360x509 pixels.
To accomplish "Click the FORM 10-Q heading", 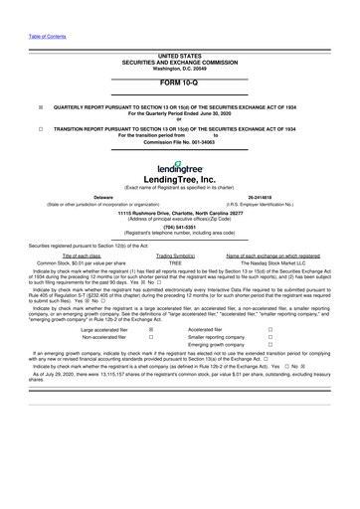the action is [x=179, y=84].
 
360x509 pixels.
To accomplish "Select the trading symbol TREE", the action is [x=175, y=262].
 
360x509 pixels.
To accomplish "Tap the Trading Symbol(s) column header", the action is [x=175, y=255].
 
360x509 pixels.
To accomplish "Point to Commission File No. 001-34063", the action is [x=179, y=141].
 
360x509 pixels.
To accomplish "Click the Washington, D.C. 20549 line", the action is [x=179, y=69].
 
